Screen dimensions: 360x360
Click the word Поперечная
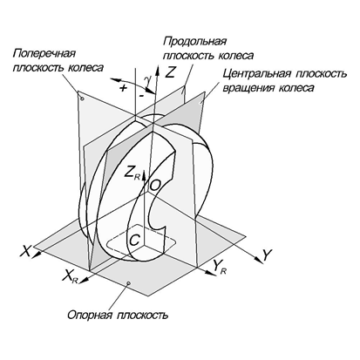tap(44, 54)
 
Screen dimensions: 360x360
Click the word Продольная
tap(194, 41)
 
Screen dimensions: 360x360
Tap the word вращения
tap(248, 88)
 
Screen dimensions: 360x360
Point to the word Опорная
tap(90, 315)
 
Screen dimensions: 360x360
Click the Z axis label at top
tap(170, 71)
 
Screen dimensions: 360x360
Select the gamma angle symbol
tap(148, 80)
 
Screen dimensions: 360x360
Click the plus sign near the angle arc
tap(124, 88)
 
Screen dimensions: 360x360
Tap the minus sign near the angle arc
tap(141, 95)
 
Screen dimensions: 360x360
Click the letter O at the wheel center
tap(155, 185)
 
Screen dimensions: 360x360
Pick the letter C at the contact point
tap(135, 241)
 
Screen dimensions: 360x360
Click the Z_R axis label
tap(132, 173)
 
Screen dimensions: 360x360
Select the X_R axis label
tap(71, 275)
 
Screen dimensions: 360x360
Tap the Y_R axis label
tap(220, 267)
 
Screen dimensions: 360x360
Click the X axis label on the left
tap(25, 251)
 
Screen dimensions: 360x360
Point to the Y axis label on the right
tap(267, 255)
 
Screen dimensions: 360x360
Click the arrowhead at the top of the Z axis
tap(158, 70)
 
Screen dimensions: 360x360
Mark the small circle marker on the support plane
tap(129, 282)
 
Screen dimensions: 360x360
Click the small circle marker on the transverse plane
tap(82, 99)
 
